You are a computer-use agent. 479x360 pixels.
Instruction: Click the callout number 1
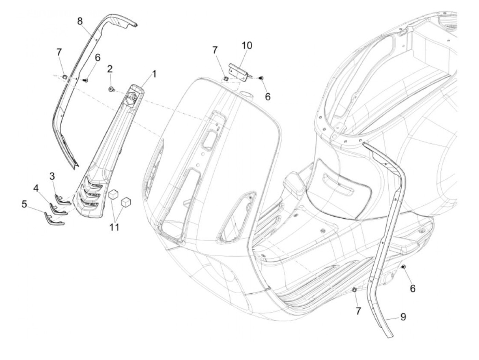coord(154,74)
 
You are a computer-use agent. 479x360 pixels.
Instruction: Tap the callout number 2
coord(109,69)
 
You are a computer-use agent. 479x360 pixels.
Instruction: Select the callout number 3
coord(52,177)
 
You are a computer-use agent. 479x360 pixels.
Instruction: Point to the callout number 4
coord(36,188)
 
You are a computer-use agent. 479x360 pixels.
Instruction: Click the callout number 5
coord(24,204)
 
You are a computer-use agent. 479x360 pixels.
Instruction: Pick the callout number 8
coord(80,21)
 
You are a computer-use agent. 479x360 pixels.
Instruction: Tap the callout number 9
coord(403,317)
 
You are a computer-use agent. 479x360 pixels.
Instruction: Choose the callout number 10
coord(247,45)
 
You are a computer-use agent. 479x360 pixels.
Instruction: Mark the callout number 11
coord(114,227)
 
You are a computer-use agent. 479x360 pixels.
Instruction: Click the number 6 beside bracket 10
coord(268,97)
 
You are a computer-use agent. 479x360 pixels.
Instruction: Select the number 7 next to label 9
coord(358,311)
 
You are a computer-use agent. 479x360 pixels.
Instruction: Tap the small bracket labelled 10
coord(242,70)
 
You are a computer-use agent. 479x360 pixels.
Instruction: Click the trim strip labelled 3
coord(63,199)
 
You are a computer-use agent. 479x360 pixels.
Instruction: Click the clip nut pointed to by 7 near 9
coord(355,290)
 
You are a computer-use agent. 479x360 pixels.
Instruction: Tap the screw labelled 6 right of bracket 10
coord(261,78)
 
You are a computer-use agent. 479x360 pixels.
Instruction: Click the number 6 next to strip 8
coord(98,57)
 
